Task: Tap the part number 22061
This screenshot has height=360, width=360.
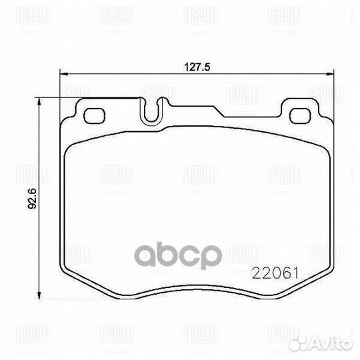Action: [273, 273]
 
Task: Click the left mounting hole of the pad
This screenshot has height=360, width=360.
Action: [95, 113]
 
